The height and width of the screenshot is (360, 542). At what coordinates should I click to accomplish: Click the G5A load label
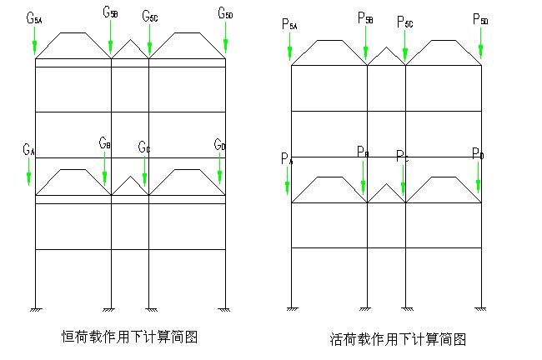tap(34, 17)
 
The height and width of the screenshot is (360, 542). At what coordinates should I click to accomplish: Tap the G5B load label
tap(110, 12)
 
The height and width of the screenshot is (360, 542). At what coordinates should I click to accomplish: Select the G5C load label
tap(149, 17)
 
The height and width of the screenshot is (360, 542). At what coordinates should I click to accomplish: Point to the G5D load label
tap(225, 13)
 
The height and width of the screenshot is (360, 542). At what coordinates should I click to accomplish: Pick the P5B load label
tap(365, 17)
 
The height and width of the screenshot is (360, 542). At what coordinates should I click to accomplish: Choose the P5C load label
tap(404, 22)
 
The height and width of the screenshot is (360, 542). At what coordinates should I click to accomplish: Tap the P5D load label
tap(480, 18)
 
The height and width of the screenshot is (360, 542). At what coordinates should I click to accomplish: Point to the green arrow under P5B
tap(367, 42)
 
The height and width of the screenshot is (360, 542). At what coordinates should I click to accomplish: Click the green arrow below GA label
tap(29, 172)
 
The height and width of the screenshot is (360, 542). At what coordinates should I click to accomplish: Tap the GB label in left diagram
tap(104, 144)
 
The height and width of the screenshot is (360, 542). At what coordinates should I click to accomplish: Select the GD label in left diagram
tap(219, 147)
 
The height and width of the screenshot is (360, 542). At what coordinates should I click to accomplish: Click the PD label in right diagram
tap(477, 154)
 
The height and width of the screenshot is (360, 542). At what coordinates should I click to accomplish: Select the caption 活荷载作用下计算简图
tap(397, 338)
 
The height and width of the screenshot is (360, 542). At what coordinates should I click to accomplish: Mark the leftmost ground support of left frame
tap(36, 309)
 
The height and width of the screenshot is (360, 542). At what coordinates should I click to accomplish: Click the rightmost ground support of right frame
tap(481, 309)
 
